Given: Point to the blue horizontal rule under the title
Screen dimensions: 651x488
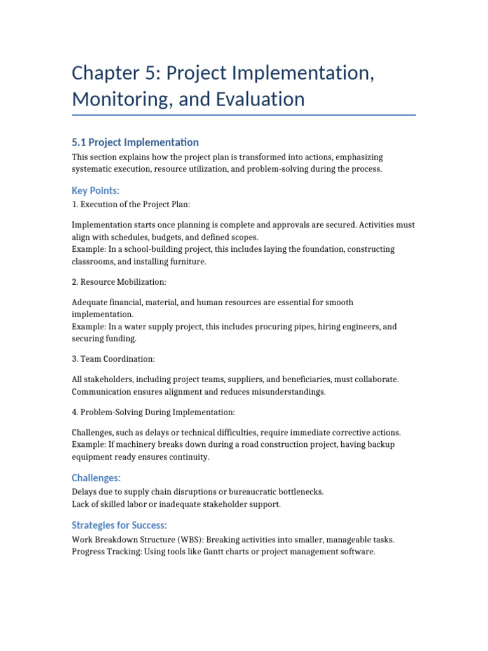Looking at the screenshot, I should tap(244, 115).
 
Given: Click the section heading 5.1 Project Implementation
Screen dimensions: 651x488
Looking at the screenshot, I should tap(135, 142).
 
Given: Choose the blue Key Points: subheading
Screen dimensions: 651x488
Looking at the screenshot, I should tap(95, 191).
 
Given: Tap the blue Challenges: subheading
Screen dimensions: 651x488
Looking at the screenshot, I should tap(96, 477).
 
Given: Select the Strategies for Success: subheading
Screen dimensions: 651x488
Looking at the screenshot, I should tap(119, 525).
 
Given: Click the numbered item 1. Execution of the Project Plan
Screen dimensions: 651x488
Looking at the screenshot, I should tap(131, 205).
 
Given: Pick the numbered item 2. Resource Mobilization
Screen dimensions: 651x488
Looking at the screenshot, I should tap(119, 282).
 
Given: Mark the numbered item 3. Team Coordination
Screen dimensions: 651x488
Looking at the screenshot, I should tap(113, 359).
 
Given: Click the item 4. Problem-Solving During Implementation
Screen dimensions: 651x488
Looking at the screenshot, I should tap(153, 412).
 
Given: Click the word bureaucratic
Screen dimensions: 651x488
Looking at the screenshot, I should tap(254, 492).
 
